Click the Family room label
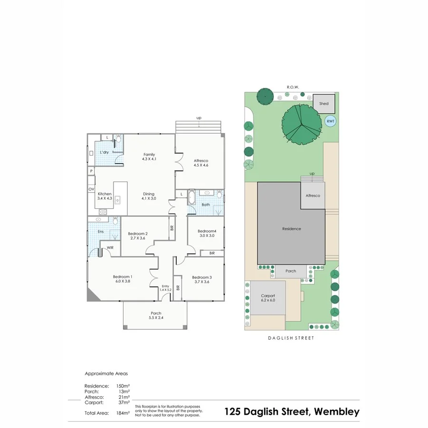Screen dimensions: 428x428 [x=149, y=155]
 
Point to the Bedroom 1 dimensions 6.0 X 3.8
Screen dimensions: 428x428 [x=122, y=282]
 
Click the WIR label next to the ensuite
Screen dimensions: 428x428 [x=110, y=248]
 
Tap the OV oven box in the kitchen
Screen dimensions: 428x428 [x=91, y=189]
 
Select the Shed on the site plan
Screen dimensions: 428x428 [x=324, y=104]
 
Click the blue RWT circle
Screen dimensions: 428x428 [x=330, y=121]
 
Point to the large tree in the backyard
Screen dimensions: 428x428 [x=301, y=125]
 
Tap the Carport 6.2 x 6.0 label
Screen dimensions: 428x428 [x=268, y=298]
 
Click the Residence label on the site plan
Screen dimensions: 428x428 [x=292, y=229]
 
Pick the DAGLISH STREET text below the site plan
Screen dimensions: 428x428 [x=292, y=338]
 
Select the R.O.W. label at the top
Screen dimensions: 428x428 [x=292, y=87]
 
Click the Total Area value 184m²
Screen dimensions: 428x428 [x=123, y=413]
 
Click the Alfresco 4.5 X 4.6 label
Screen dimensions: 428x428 [x=201, y=163]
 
